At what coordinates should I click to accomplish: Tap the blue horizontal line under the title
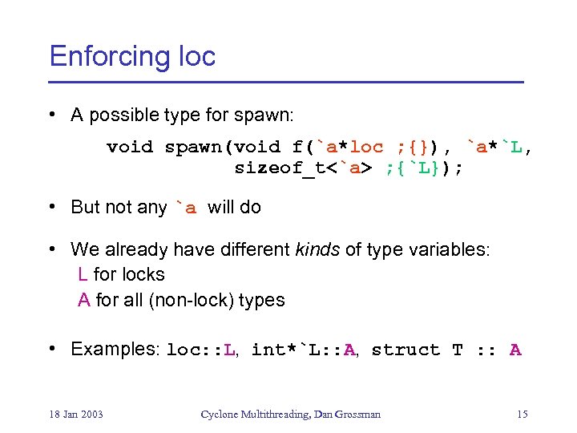286,83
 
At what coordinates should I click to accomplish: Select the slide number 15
522,414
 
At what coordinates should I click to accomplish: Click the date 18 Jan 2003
76,414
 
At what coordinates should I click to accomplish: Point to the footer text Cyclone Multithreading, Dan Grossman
290,414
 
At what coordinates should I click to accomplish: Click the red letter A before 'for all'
83,300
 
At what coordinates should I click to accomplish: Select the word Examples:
115,349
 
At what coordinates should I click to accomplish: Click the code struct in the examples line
406,350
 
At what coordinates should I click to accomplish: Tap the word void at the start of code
130,147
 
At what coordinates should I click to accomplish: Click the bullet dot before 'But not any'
52,207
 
